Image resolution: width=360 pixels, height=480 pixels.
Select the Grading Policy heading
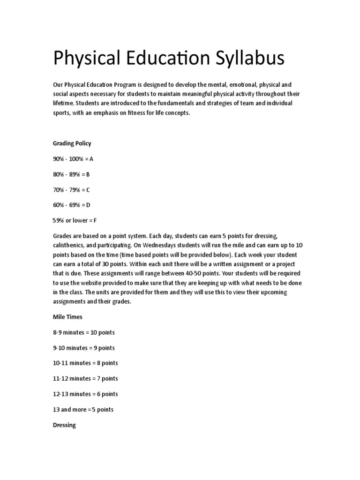72,143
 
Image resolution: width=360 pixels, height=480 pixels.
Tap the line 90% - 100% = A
73,159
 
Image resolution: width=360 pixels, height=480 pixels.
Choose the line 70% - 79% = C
71,190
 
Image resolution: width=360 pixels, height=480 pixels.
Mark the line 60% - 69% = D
72,205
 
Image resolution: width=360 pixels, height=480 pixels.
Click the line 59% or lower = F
75,220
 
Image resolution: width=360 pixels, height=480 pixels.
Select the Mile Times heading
67,317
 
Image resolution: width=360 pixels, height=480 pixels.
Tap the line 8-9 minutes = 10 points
84,332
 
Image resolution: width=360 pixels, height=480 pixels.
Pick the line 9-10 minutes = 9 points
84,348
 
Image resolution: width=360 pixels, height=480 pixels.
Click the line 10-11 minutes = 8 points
85,363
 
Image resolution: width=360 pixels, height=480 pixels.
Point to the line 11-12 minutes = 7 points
85,378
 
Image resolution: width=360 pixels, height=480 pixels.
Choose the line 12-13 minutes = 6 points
85,394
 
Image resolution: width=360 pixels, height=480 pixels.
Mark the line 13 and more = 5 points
83,409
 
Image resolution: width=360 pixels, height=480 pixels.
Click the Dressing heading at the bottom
65,425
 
